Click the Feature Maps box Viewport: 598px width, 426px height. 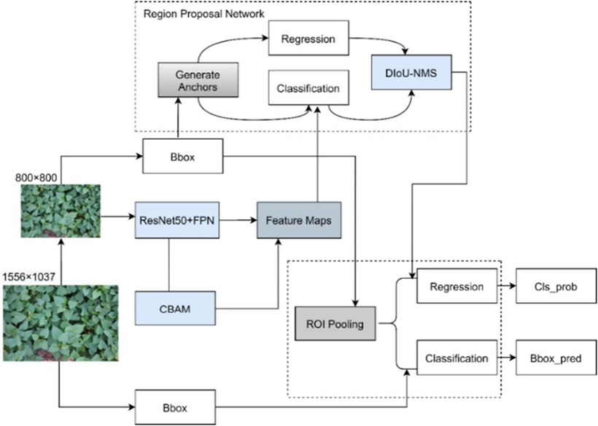click(298, 218)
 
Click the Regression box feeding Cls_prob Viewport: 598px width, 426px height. click(456, 286)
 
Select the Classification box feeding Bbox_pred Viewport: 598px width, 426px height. click(456, 358)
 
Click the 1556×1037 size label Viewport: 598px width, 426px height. click(30, 277)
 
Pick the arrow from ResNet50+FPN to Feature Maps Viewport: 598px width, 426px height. click(237, 217)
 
